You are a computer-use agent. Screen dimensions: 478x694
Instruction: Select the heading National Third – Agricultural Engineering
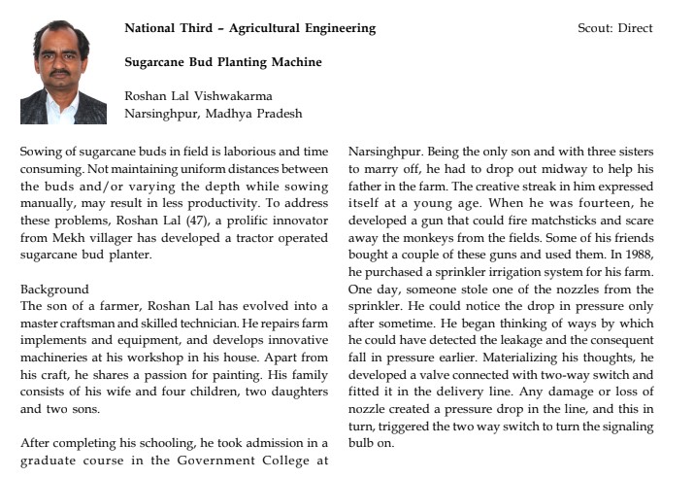pyautogui.click(x=249, y=28)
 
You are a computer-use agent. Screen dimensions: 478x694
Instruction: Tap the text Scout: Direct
pyautogui.click(x=615, y=28)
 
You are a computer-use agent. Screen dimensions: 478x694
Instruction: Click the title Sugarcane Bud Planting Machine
pyautogui.click(x=223, y=62)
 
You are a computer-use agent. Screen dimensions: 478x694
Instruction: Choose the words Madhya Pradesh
pyautogui.click(x=259, y=113)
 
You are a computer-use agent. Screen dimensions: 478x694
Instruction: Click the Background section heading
pyautogui.click(x=54, y=290)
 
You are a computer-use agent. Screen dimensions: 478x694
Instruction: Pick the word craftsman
pyautogui.click(x=90, y=321)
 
